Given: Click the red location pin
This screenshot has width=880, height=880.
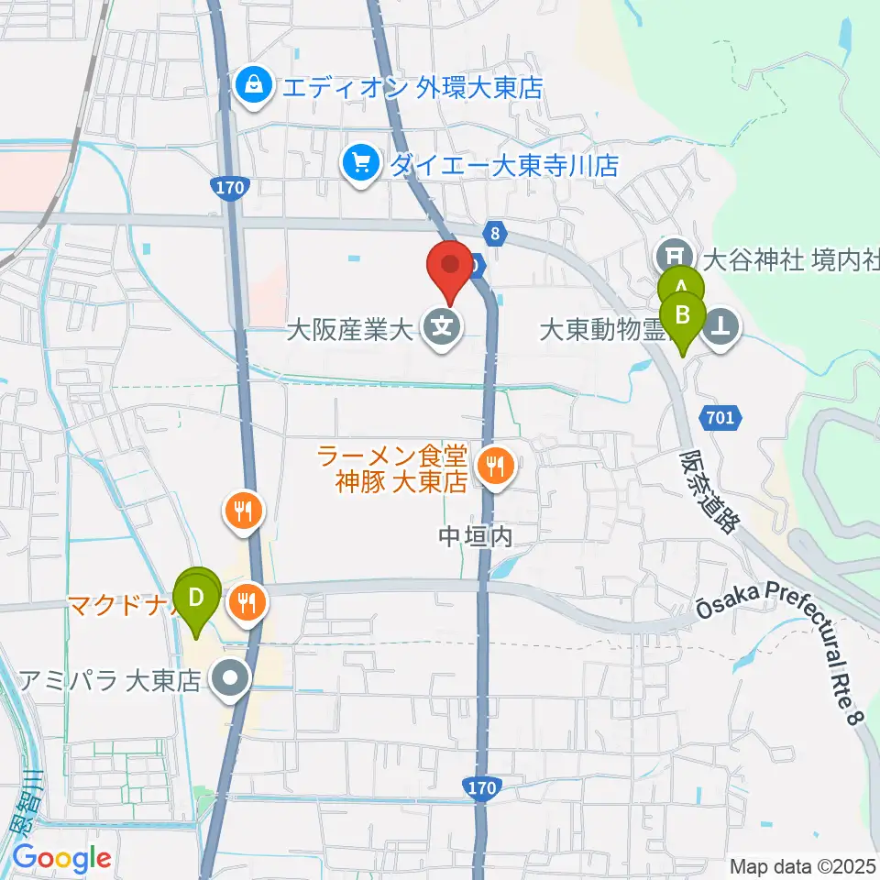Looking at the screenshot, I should pyautogui.click(x=451, y=266).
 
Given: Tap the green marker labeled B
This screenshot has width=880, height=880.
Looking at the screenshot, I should pyautogui.click(x=682, y=316).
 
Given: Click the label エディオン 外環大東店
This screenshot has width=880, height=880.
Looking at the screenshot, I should pyautogui.click(x=412, y=88).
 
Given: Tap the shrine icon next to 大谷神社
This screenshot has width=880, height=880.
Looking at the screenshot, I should pyautogui.click(x=676, y=254).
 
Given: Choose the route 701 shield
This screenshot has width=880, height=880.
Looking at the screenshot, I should pyautogui.click(x=720, y=418).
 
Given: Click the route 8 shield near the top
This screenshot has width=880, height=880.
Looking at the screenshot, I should pyautogui.click(x=495, y=234).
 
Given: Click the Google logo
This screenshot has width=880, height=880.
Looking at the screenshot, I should pyautogui.click(x=62, y=859).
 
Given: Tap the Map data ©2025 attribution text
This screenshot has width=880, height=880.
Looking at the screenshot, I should pyautogui.click(x=802, y=865).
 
